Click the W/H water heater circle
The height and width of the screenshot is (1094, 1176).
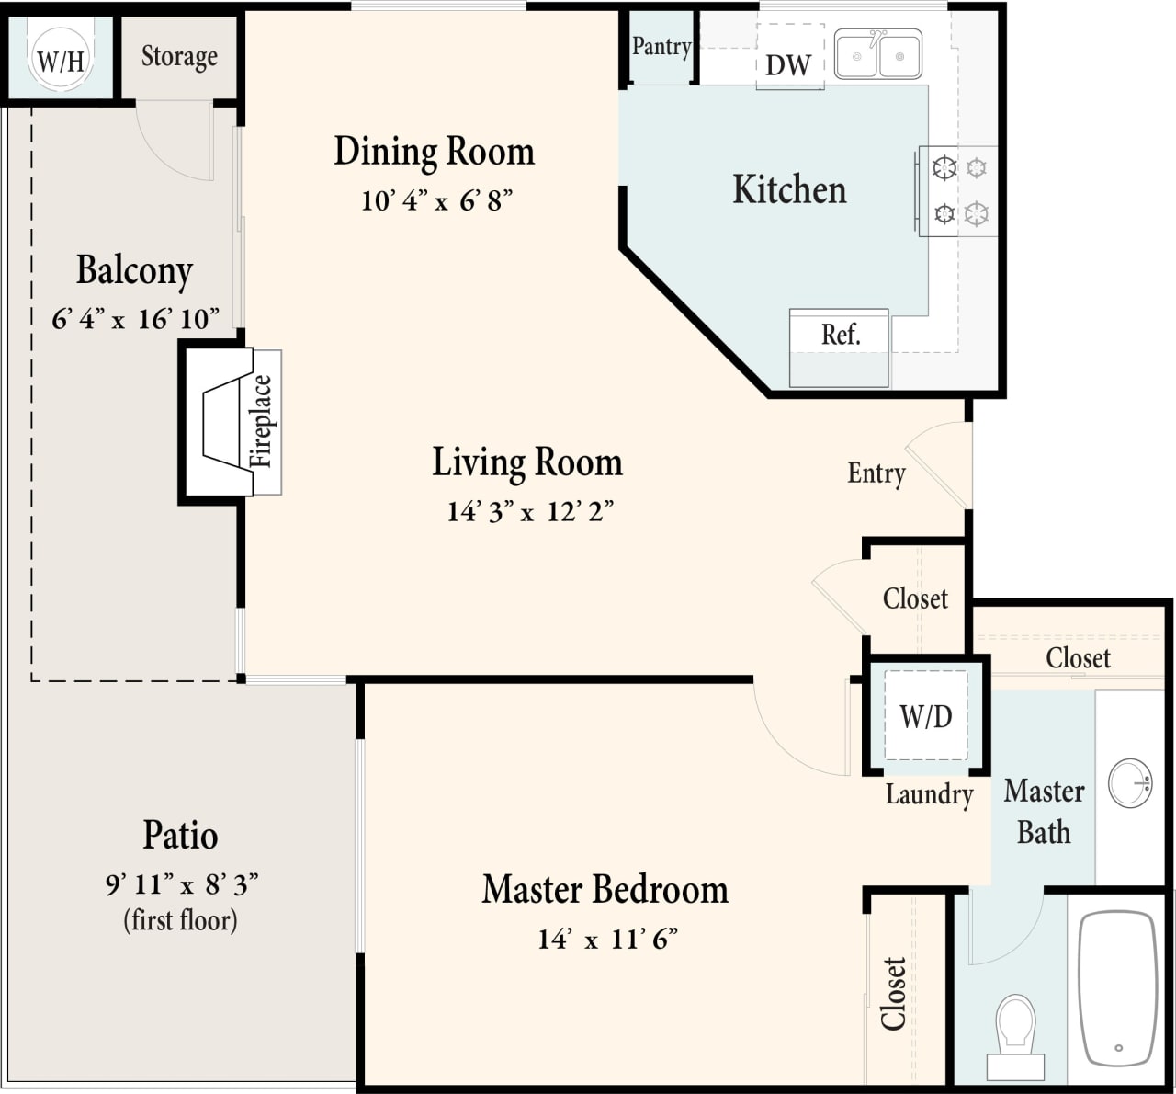[60, 59]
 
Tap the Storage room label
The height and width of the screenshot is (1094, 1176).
[179, 57]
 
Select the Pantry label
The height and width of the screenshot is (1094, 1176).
[661, 46]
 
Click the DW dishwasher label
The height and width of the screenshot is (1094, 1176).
[788, 65]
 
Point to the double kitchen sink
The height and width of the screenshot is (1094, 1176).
[877, 54]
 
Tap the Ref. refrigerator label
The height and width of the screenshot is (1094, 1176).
[841, 335]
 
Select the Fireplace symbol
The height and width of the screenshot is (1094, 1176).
[230, 422]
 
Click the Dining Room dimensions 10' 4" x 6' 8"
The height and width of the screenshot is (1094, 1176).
[436, 200]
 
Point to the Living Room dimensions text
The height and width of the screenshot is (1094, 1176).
[530, 512]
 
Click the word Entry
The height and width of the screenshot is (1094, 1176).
[876, 473]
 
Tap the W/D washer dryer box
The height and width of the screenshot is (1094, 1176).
[925, 715]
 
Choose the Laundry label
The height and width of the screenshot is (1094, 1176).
[929, 794]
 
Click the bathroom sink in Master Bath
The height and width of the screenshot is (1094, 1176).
[1129, 783]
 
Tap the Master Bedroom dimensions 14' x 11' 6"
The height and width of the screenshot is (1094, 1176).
[607, 940]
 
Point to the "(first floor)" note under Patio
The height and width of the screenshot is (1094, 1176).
[180, 920]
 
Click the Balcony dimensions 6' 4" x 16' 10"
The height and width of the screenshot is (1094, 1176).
[135, 319]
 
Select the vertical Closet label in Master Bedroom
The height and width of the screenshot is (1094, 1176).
[894, 993]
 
